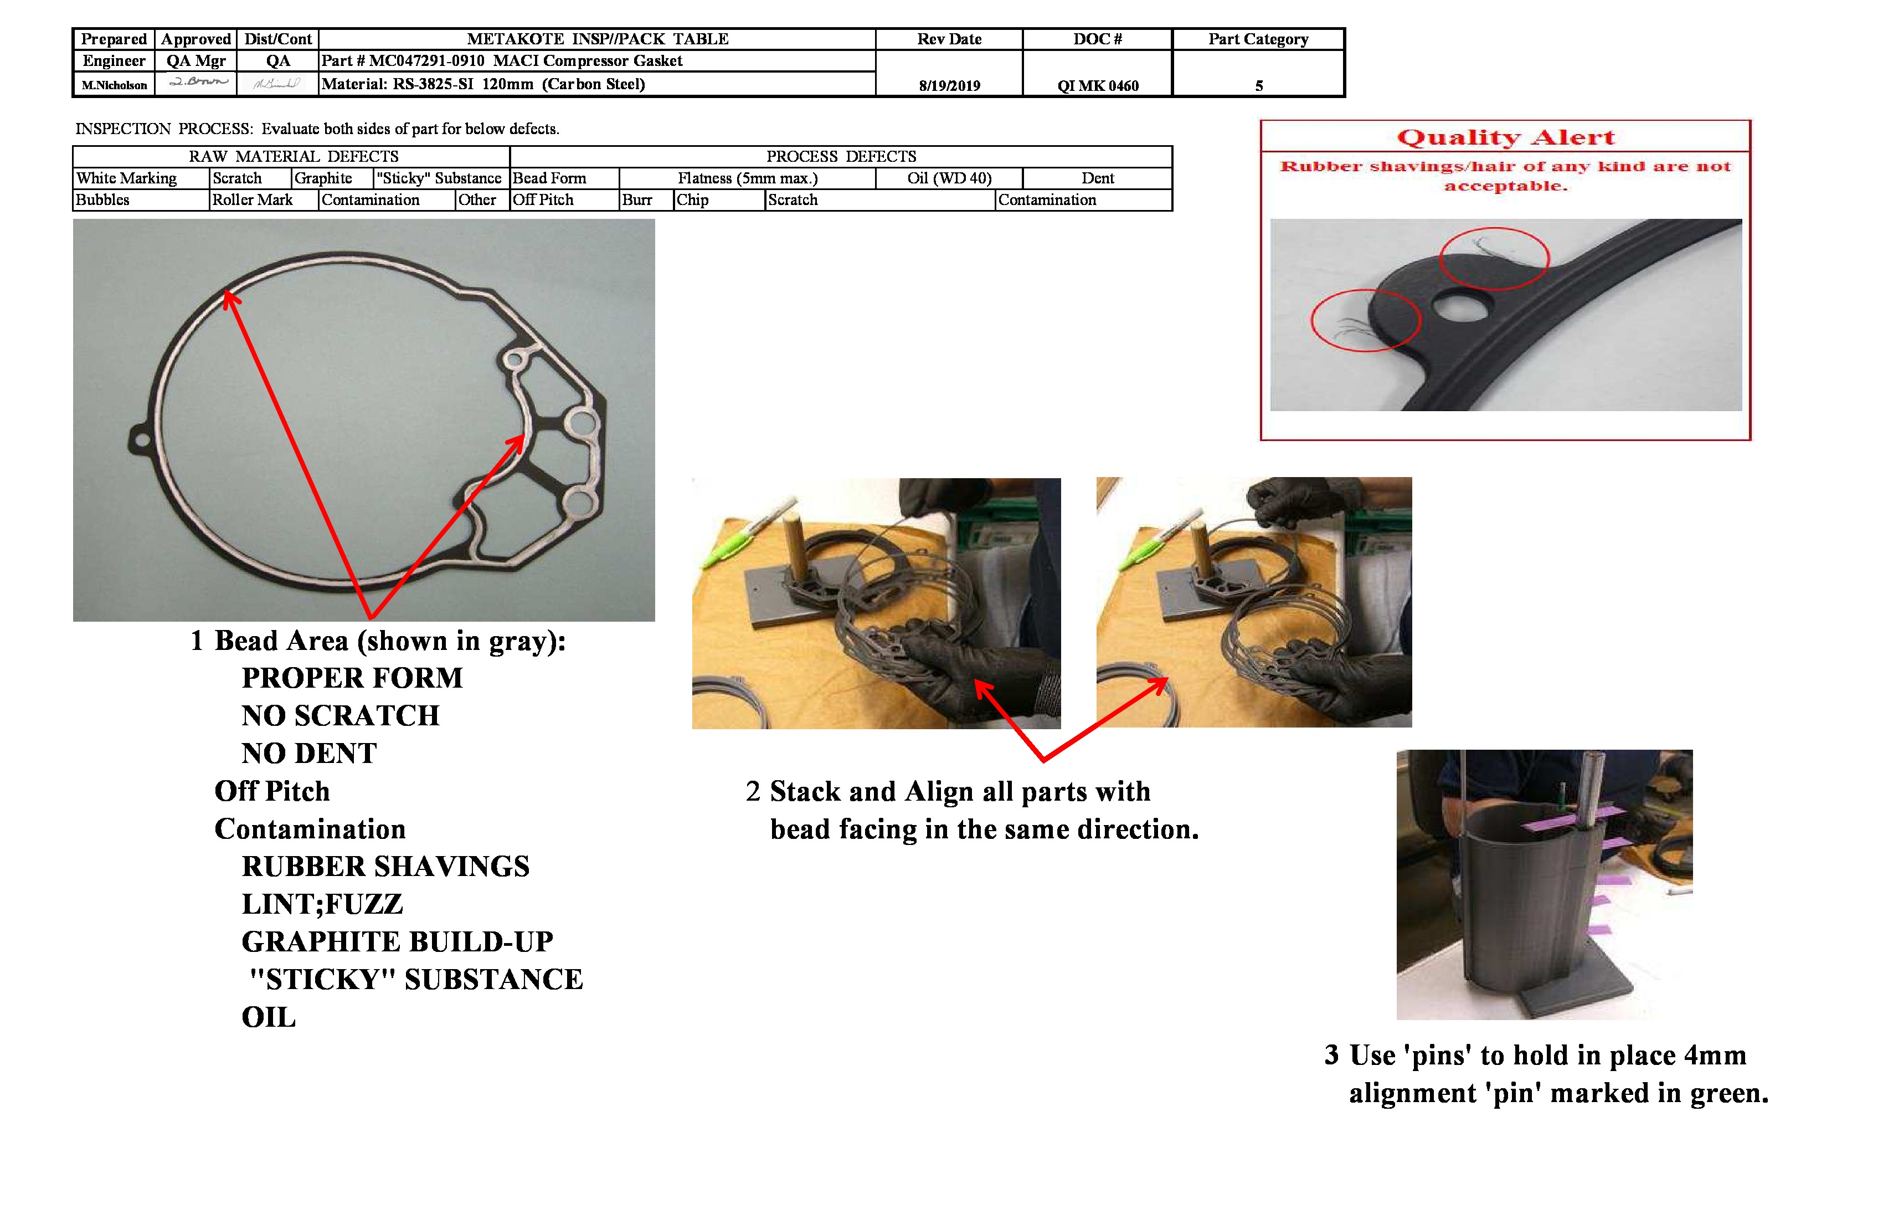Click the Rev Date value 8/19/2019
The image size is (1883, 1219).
click(x=949, y=85)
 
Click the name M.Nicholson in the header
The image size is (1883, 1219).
click(x=114, y=85)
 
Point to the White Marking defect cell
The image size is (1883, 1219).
click(x=127, y=178)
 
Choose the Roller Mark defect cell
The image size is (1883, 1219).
click(x=253, y=199)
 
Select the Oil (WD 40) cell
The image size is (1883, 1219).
click(x=949, y=178)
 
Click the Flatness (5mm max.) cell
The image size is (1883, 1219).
click(x=747, y=178)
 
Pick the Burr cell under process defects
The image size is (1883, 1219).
click(x=637, y=199)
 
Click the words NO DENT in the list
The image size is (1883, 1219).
click(x=308, y=753)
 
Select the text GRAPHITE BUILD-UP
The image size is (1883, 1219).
click(x=397, y=941)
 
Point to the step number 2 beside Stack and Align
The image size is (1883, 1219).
click(x=753, y=792)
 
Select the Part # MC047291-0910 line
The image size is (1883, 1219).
click(x=502, y=61)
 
